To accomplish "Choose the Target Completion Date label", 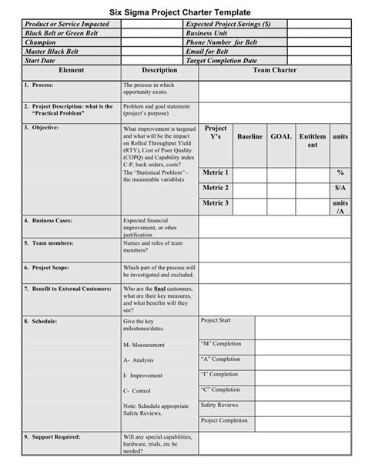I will [x=232, y=58].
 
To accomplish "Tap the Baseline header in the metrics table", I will [x=249, y=136].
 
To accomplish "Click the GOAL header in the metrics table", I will [x=281, y=136].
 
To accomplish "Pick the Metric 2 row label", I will [x=216, y=188].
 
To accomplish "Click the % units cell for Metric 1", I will [x=339, y=173].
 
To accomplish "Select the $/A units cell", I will [x=339, y=188].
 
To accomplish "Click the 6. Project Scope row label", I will [x=48, y=267].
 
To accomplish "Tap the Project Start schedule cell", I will [x=217, y=319].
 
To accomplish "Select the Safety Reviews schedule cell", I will [x=220, y=405].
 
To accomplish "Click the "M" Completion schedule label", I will [x=224, y=342].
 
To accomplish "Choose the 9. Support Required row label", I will [x=52, y=437].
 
